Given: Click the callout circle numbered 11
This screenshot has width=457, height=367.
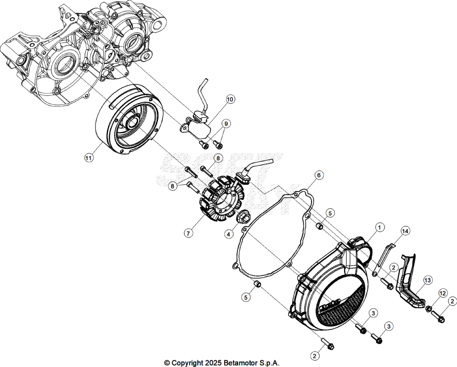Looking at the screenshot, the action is click(89, 158).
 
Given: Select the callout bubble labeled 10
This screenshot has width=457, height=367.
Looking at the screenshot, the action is click(230, 100).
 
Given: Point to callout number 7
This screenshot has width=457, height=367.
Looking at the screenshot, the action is click(188, 233).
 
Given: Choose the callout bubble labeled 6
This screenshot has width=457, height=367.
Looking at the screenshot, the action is click(319, 175).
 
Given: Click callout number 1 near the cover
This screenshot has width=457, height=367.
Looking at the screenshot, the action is click(379, 227).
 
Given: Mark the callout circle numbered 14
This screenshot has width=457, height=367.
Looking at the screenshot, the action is click(405, 231).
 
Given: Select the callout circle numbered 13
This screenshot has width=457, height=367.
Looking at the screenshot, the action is click(427, 280).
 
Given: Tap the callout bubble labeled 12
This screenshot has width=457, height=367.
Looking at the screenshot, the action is click(443, 293).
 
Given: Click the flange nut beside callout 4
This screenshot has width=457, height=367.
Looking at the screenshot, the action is click(242, 217).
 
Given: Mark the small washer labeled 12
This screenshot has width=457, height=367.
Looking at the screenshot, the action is click(429, 309).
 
